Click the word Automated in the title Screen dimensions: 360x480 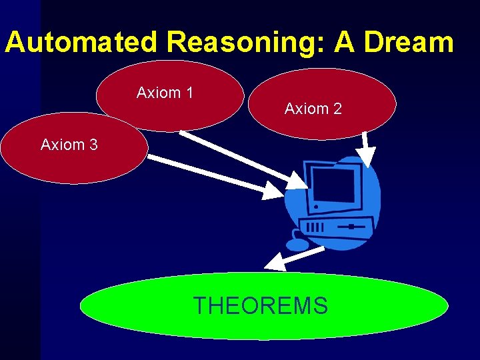[81, 42]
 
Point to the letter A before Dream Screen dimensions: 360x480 [344, 42]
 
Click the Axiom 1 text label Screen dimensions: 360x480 [165, 93]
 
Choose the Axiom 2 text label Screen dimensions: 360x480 [313, 108]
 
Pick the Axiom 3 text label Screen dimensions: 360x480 [69, 144]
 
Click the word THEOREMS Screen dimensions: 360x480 [260, 305]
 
